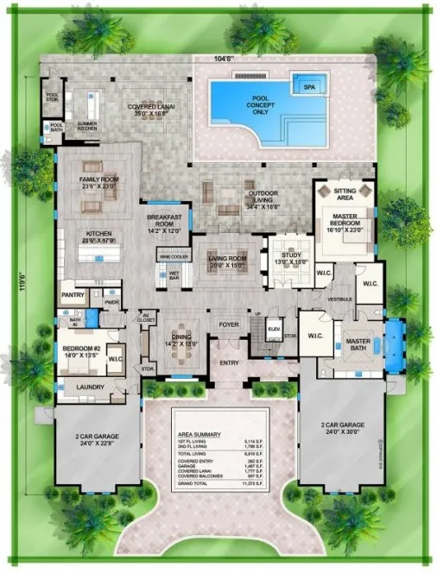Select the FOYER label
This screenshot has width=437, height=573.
229,324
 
